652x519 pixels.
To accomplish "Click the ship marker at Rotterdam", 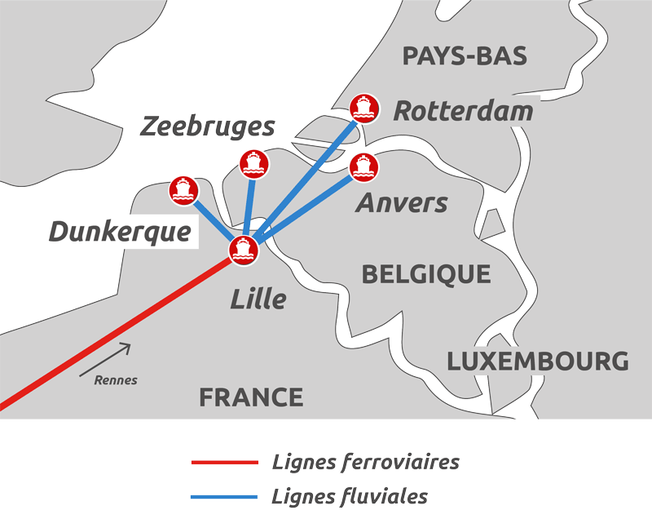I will pyautogui.click(x=363, y=107).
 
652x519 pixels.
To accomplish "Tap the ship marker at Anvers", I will pyautogui.click(x=363, y=166).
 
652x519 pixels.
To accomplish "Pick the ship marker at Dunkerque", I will pyautogui.click(x=183, y=190).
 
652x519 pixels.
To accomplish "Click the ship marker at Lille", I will pyautogui.click(x=244, y=250).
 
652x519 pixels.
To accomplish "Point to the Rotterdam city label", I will pyautogui.click(x=463, y=111).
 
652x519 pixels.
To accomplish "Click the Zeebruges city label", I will pyautogui.click(x=208, y=127).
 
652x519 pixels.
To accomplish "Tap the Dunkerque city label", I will pyautogui.click(x=120, y=233).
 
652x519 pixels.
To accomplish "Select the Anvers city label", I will pyautogui.click(x=402, y=202).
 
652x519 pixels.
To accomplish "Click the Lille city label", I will pyautogui.click(x=258, y=299).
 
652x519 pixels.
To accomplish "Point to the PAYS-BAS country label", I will pyautogui.click(x=465, y=56).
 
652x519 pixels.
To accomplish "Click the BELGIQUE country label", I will pyautogui.click(x=426, y=274).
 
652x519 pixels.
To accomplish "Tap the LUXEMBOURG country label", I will pyautogui.click(x=538, y=362).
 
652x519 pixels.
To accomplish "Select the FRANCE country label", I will pyautogui.click(x=251, y=397).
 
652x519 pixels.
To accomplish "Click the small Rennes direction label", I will pyautogui.click(x=116, y=379).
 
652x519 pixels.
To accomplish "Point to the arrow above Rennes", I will pyautogui.click(x=106, y=359).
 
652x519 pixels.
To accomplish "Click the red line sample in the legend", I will pyautogui.click(x=224, y=463).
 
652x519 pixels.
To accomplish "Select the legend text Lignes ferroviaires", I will pyautogui.click(x=365, y=463).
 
